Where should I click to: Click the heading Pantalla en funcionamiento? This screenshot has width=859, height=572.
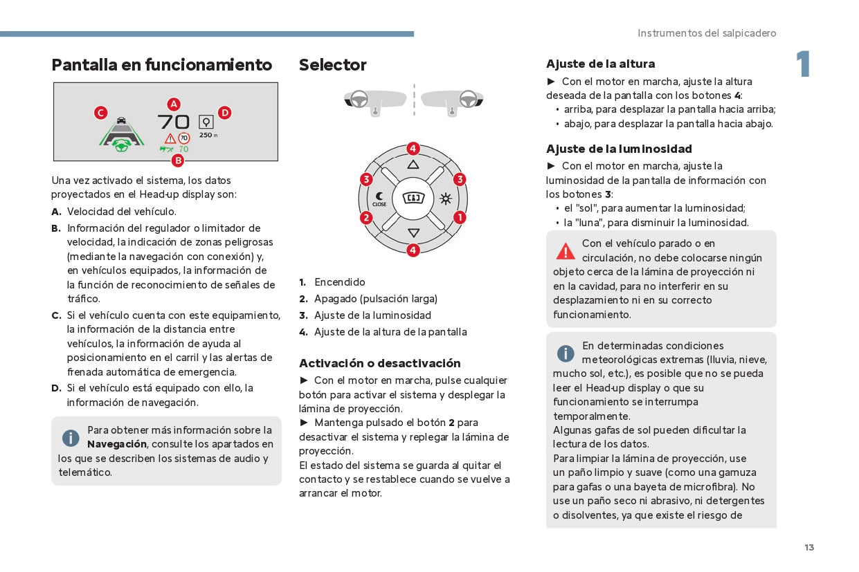[162, 65]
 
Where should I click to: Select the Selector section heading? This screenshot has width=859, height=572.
[333, 65]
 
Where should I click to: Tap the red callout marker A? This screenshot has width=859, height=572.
[174, 104]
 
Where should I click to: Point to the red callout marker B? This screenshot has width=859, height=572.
[178, 160]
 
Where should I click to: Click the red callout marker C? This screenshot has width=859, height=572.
[101, 113]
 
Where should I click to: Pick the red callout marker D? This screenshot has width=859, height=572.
[224, 113]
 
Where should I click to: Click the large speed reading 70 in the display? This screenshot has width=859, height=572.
[173, 122]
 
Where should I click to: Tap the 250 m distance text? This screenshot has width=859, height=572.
[208, 136]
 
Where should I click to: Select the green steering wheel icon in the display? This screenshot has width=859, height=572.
[122, 146]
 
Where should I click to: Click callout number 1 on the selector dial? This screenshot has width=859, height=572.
[460, 217]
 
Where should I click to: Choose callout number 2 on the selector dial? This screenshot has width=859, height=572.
[366, 218]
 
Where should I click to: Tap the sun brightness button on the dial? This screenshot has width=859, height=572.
[445, 199]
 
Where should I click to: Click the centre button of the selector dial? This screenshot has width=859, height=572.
[413, 199]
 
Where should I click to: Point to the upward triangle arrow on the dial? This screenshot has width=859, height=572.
[413, 165]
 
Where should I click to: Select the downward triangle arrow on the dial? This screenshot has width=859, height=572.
[413, 233]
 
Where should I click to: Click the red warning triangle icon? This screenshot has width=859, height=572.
[566, 250]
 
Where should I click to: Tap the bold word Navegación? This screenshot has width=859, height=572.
[117, 444]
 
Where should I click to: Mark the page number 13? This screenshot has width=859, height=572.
[809, 548]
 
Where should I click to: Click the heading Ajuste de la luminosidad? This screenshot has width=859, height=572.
[619, 149]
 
